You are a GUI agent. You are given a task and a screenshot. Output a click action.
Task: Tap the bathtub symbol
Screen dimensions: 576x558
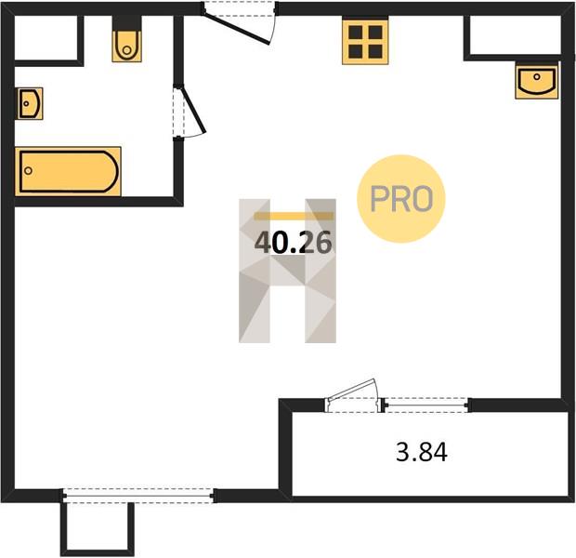[x=69, y=171]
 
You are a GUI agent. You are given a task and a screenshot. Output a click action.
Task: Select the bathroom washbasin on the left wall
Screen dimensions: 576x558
[x=30, y=103]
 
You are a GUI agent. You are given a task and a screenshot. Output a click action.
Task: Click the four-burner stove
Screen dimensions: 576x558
[x=365, y=42]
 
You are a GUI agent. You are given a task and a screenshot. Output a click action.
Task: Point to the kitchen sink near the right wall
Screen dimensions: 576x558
[x=537, y=82]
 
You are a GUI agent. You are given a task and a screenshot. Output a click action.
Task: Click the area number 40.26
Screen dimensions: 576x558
[x=294, y=244]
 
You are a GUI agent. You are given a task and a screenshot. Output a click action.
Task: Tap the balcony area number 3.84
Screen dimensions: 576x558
[x=422, y=452]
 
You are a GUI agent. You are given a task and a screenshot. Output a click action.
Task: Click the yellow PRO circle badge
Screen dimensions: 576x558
[x=401, y=199]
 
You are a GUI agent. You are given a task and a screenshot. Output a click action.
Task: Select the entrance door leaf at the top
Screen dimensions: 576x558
[x=236, y=28]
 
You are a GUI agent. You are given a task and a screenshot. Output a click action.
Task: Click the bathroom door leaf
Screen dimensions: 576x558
[x=193, y=109]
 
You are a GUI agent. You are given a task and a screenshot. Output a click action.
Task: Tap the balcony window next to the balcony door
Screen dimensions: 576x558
[x=426, y=405]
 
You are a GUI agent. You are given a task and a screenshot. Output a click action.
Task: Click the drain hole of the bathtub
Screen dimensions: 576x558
[x=28, y=171]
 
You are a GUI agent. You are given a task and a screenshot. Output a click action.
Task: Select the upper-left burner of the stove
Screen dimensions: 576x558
[x=356, y=33]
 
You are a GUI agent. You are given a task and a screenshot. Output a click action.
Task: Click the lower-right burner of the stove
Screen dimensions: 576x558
[x=375, y=52]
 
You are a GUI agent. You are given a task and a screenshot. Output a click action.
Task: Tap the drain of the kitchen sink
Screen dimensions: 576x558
[x=537, y=77]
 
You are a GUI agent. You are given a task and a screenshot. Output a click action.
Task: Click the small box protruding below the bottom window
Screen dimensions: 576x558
[x=98, y=529]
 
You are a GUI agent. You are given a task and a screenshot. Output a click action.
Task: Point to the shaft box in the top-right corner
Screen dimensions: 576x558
[x=515, y=35]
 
